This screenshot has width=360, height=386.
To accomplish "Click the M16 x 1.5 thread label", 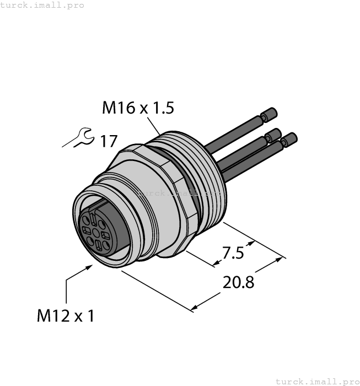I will pos(138,108).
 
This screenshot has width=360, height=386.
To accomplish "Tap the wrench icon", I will pos(78,138).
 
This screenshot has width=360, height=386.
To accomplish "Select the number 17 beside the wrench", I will pos(108,141).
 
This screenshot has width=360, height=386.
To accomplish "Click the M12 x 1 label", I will pos(66,316).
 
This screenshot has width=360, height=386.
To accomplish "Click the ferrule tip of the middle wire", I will pos(273,134).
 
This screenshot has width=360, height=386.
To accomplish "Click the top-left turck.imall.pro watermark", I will pos(42,5).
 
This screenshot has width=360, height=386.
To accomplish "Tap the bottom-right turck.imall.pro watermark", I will pos(316,381).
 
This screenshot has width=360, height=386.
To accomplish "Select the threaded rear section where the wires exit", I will pos(207,165).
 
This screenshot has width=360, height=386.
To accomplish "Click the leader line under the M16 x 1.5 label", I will pos(155,126).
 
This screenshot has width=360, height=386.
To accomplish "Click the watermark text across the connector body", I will pos(179,194).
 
